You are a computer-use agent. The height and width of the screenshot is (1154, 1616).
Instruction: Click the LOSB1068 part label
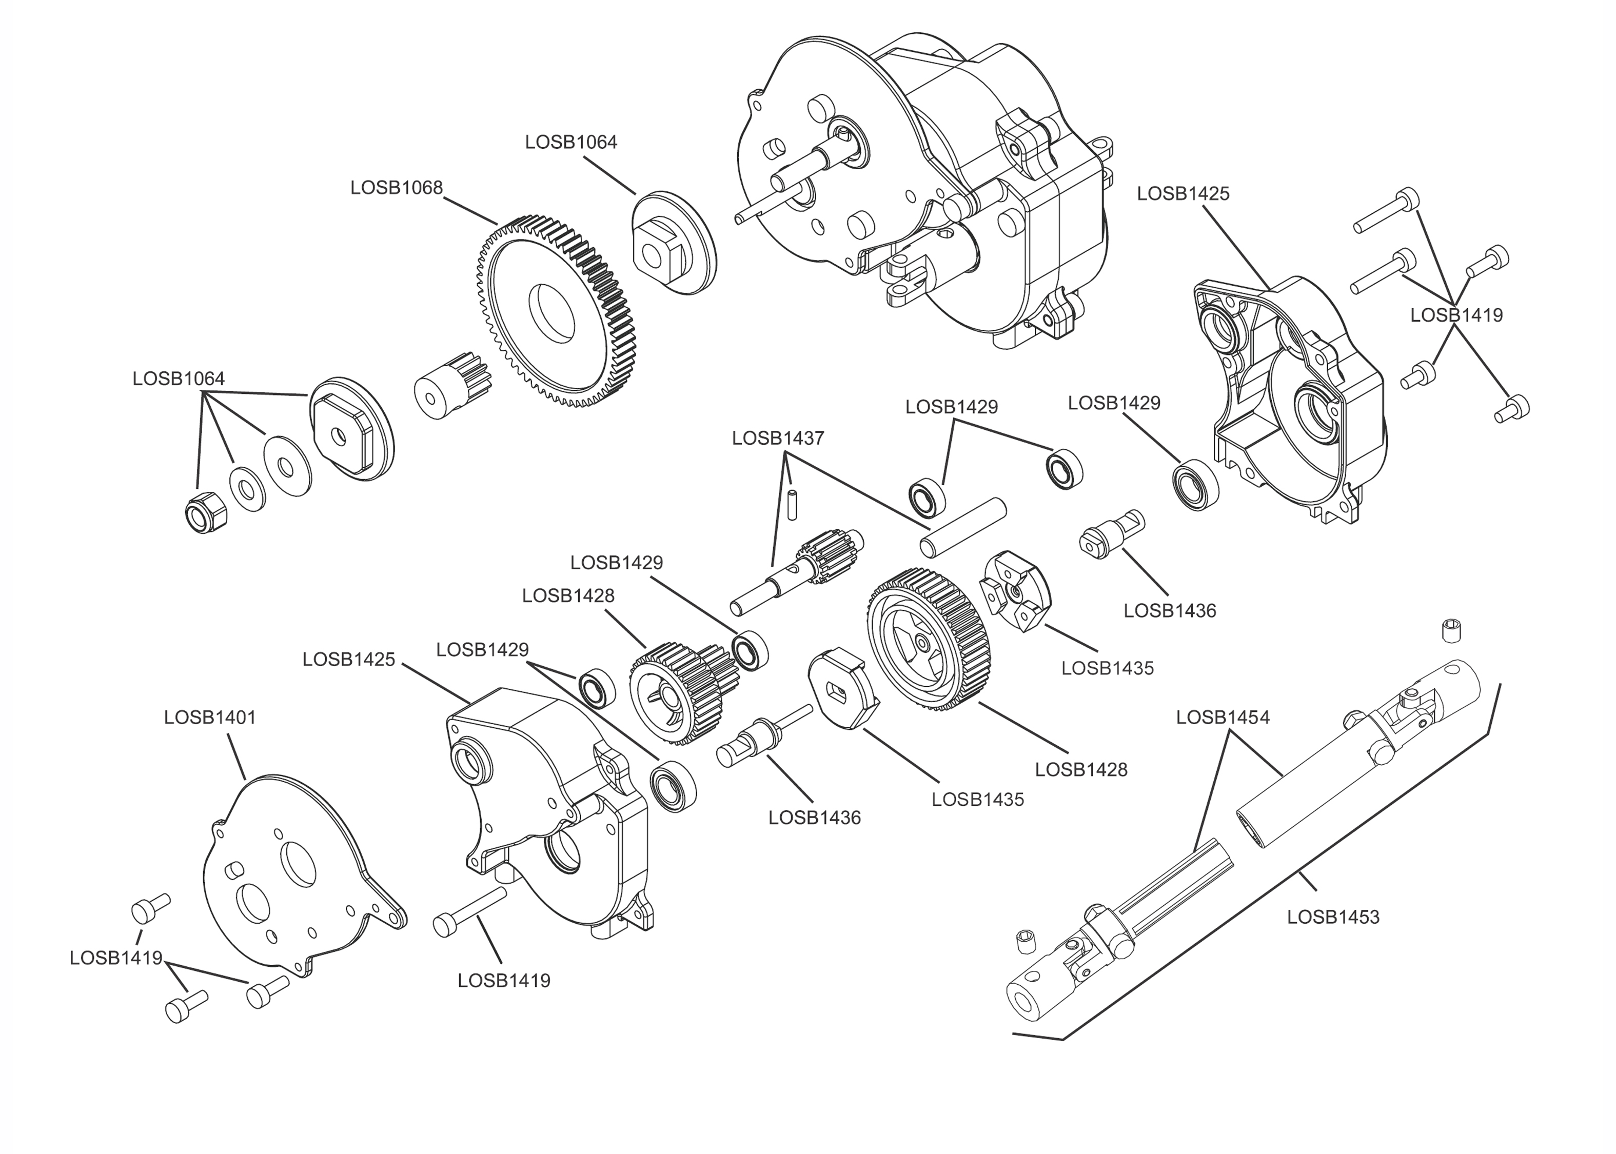point(397,188)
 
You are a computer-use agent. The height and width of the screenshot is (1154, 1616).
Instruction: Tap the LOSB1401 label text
point(210,718)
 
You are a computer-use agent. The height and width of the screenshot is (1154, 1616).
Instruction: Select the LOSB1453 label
point(1333,918)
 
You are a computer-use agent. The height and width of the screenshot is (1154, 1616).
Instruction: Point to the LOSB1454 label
point(1223,718)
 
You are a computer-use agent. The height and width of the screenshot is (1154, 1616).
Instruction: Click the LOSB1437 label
point(778,439)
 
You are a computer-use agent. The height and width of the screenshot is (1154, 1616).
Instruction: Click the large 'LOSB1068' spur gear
point(554,311)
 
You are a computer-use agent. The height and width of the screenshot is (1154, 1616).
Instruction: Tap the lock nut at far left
point(205,512)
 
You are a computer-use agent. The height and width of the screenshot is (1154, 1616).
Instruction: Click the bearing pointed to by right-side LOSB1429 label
point(1195,485)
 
